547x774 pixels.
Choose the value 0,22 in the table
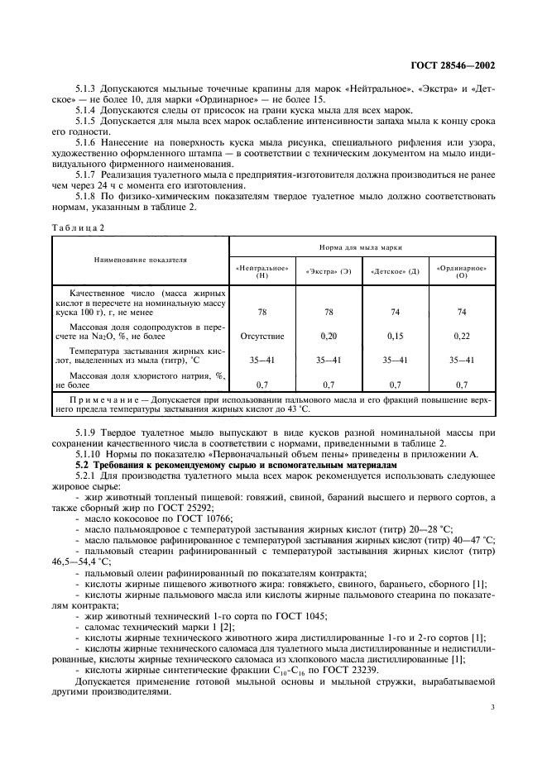(x=462, y=336)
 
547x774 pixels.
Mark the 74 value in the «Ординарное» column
(x=462, y=311)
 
